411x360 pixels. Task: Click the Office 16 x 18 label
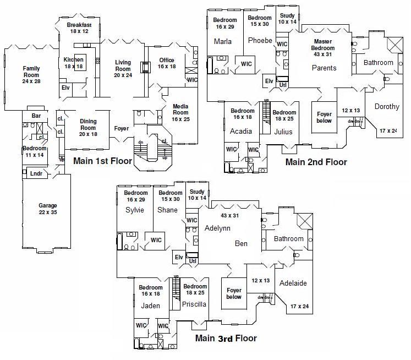(x=167, y=63)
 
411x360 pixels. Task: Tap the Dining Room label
(x=88, y=124)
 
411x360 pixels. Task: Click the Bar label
(x=36, y=116)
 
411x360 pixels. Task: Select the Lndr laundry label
(x=36, y=174)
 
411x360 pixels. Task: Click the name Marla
(x=223, y=41)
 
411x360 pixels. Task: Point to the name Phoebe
(x=260, y=41)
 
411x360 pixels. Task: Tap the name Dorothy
(x=387, y=107)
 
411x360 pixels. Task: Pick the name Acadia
(x=242, y=131)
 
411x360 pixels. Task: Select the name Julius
(x=283, y=132)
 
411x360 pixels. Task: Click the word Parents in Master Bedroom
(x=324, y=68)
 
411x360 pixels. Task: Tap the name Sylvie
(x=135, y=210)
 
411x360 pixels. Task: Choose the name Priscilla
(x=194, y=304)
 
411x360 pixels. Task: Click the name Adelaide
(x=293, y=283)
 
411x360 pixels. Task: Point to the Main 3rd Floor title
(x=226, y=338)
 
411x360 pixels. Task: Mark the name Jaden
(x=150, y=306)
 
